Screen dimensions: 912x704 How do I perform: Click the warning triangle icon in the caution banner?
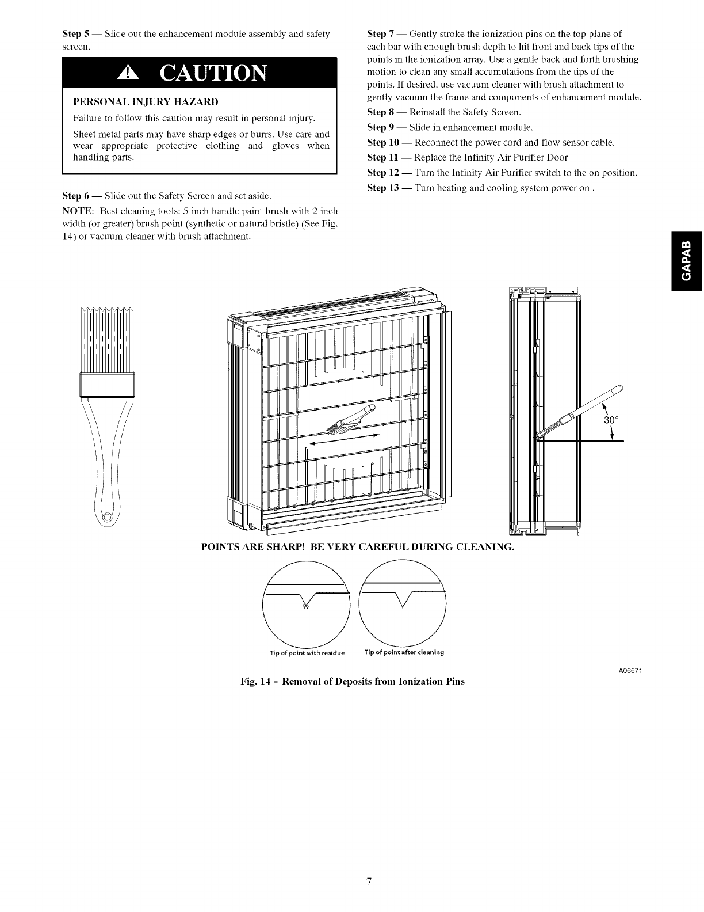(125, 73)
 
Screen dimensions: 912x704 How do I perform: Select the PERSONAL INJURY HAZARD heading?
(146, 102)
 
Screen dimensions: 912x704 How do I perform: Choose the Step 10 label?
(382, 142)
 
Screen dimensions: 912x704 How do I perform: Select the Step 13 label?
(382, 188)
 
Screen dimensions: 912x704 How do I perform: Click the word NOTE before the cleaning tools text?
(74, 211)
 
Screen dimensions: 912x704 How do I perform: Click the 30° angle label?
(611, 420)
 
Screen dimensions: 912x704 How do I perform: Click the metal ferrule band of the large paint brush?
(106, 384)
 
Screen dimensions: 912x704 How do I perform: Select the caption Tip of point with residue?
(307, 653)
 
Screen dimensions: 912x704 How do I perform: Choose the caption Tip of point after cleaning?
(404, 652)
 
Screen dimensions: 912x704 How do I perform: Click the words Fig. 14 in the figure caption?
(255, 682)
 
